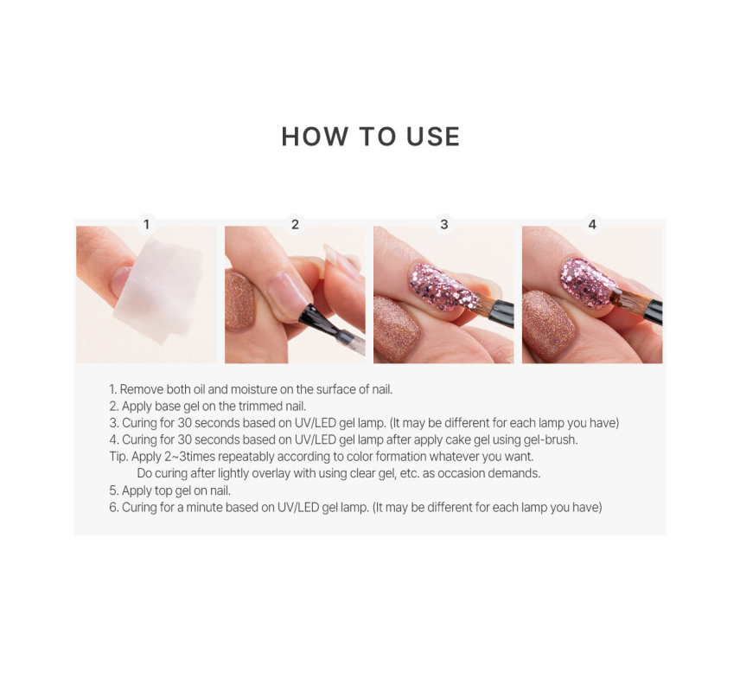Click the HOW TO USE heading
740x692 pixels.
pyautogui.click(x=370, y=137)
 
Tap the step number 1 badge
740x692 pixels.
pyautogui.click(x=146, y=224)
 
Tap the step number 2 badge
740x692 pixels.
pyautogui.click(x=295, y=224)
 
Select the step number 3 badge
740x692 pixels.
pyautogui.click(x=443, y=224)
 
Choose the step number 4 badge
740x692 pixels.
pyautogui.click(x=592, y=224)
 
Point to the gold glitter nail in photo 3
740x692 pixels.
pyautogui.click(x=397, y=329)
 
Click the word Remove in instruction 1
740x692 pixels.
pyautogui.click(x=140, y=389)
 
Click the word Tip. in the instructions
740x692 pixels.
pyautogui.click(x=118, y=457)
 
